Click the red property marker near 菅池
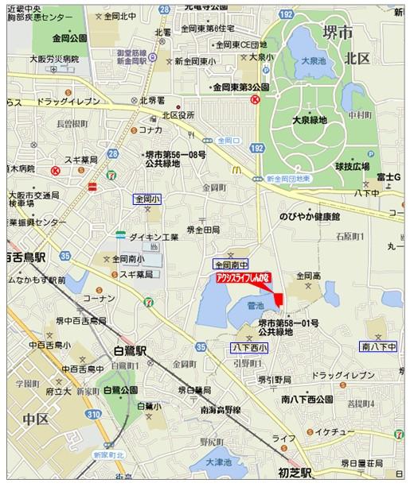coord(278,298)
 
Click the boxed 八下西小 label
coord(249,347)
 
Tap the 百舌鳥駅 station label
coord(27,256)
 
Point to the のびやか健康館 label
coord(309,216)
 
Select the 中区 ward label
coord(36,418)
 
